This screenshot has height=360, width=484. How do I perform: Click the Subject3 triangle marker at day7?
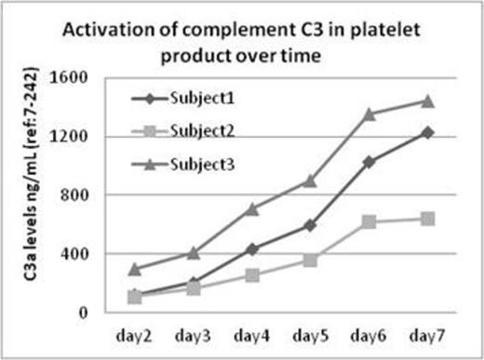427,101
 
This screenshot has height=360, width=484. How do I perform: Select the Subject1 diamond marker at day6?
370,162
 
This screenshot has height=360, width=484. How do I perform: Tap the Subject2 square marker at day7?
427,219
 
